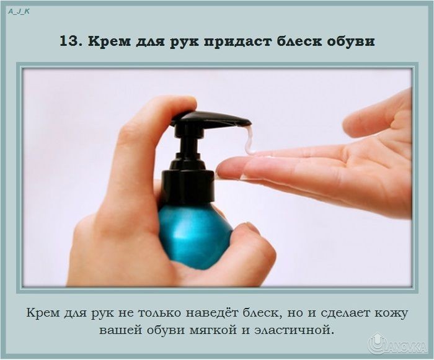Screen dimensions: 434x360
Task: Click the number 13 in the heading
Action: click(x=69, y=42)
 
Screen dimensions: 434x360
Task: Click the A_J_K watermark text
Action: click(x=19, y=12)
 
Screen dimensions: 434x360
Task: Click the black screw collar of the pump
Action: click(x=188, y=185)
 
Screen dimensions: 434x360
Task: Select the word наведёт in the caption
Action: click(x=212, y=313)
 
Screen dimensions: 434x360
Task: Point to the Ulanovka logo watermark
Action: click(x=397, y=344)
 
